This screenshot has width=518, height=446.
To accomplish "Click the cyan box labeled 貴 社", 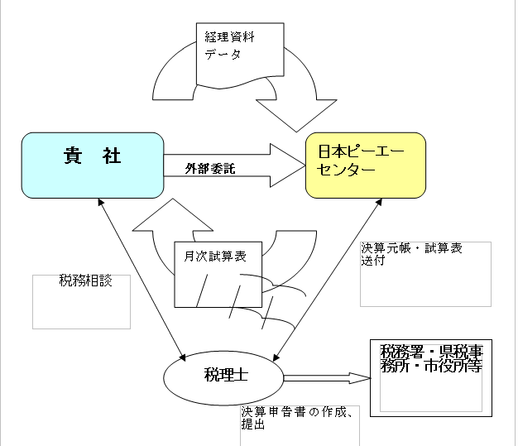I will point(92,165).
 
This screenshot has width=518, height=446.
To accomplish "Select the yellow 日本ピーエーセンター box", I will point(365,165).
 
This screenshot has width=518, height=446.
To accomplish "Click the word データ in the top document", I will point(223,55).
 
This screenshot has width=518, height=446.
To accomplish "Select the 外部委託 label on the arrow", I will point(210,169).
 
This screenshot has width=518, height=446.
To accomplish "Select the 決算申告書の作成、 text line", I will point(299,412).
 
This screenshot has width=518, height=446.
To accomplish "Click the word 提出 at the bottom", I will point(253,425).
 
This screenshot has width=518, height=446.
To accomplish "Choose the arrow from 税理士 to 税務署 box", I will point(323,379).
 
